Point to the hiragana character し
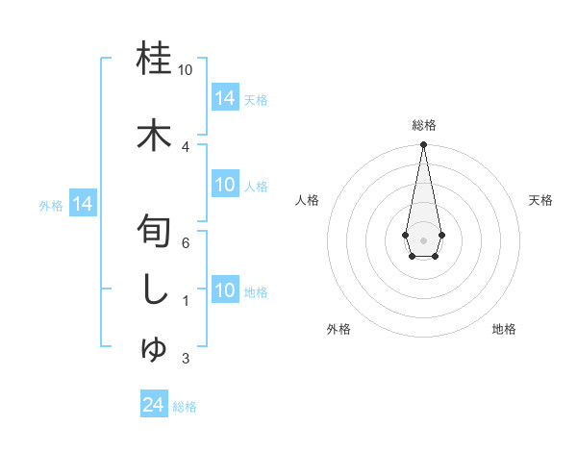coord(155,291)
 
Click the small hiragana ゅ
coord(155,348)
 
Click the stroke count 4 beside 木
coord(186,146)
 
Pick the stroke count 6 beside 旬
coord(186,243)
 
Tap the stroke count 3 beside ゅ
coord(186,359)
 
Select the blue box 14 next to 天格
coord(225,97)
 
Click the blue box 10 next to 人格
coord(225,185)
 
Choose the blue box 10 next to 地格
coord(225,290)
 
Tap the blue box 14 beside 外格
coord(82,204)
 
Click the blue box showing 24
coord(153,405)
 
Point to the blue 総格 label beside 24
coord(185,407)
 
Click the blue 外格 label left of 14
coord(51,205)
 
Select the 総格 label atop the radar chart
coord(423,125)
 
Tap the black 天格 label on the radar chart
coord(540,200)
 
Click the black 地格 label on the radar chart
coord(504,329)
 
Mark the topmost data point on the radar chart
coord(423,145)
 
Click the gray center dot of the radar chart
coord(423,239)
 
